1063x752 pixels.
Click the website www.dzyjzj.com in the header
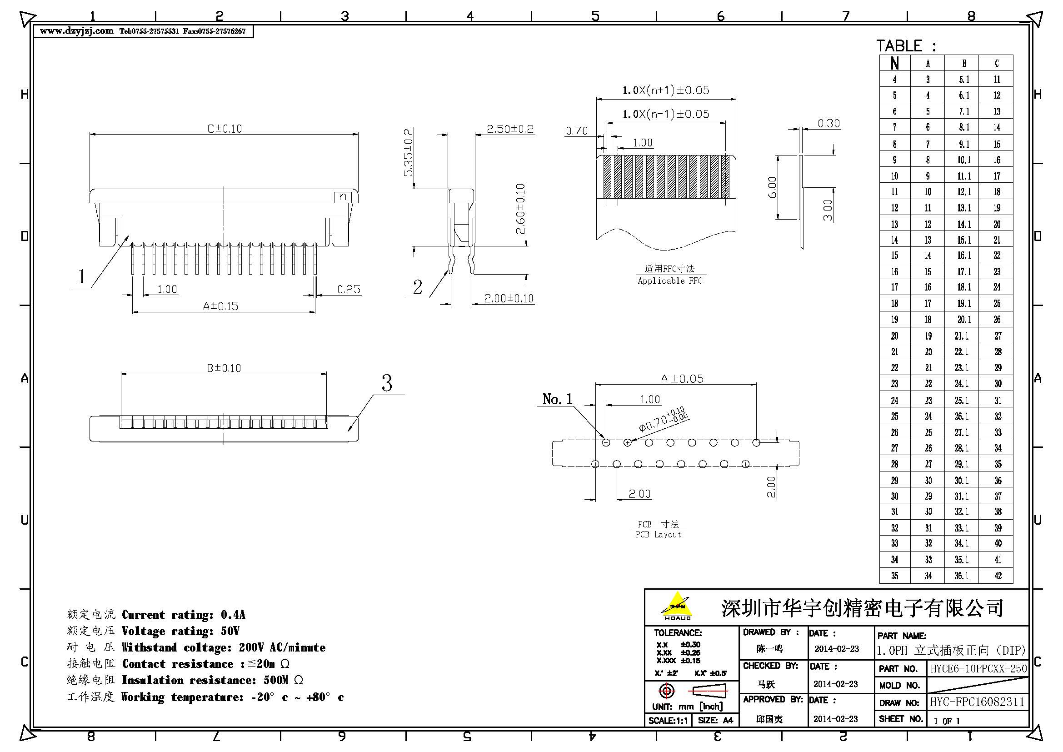[x=76, y=31]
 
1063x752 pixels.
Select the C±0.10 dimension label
[x=224, y=128]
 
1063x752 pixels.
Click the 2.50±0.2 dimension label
[x=510, y=129]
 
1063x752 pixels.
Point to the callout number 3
[x=387, y=383]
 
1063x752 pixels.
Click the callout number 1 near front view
[x=82, y=276]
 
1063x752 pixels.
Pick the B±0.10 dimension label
[x=224, y=368]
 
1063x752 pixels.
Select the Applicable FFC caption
[x=669, y=281]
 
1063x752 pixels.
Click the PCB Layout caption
[x=658, y=534]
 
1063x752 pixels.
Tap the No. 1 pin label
[x=557, y=399]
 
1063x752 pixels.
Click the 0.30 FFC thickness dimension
[x=828, y=124]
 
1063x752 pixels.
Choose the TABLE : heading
[x=906, y=46]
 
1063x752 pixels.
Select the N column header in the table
[x=894, y=64]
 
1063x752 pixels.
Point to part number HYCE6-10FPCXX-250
[x=978, y=668]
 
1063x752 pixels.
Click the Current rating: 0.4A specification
[x=183, y=615]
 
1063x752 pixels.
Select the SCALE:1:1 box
[x=668, y=720]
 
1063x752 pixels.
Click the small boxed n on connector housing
[x=343, y=197]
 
